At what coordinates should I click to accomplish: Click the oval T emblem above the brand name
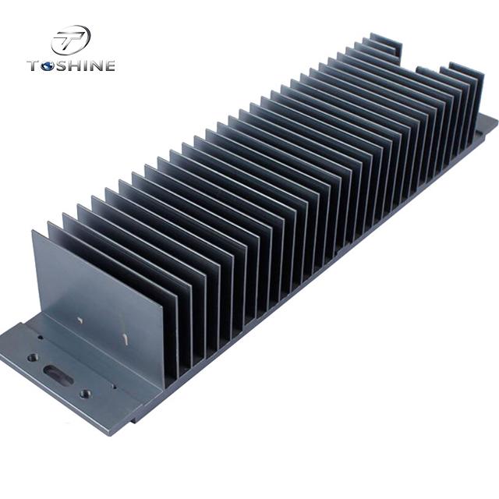pyautogui.click(x=71, y=40)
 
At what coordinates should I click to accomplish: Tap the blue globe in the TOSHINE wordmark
pyautogui.click(x=48, y=65)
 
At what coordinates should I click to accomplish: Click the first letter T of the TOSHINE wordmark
pyautogui.click(x=34, y=65)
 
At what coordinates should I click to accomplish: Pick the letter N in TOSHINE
pyautogui.click(x=94, y=65)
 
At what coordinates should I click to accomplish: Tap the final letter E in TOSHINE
pyautogui.click(x=109, y=65)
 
